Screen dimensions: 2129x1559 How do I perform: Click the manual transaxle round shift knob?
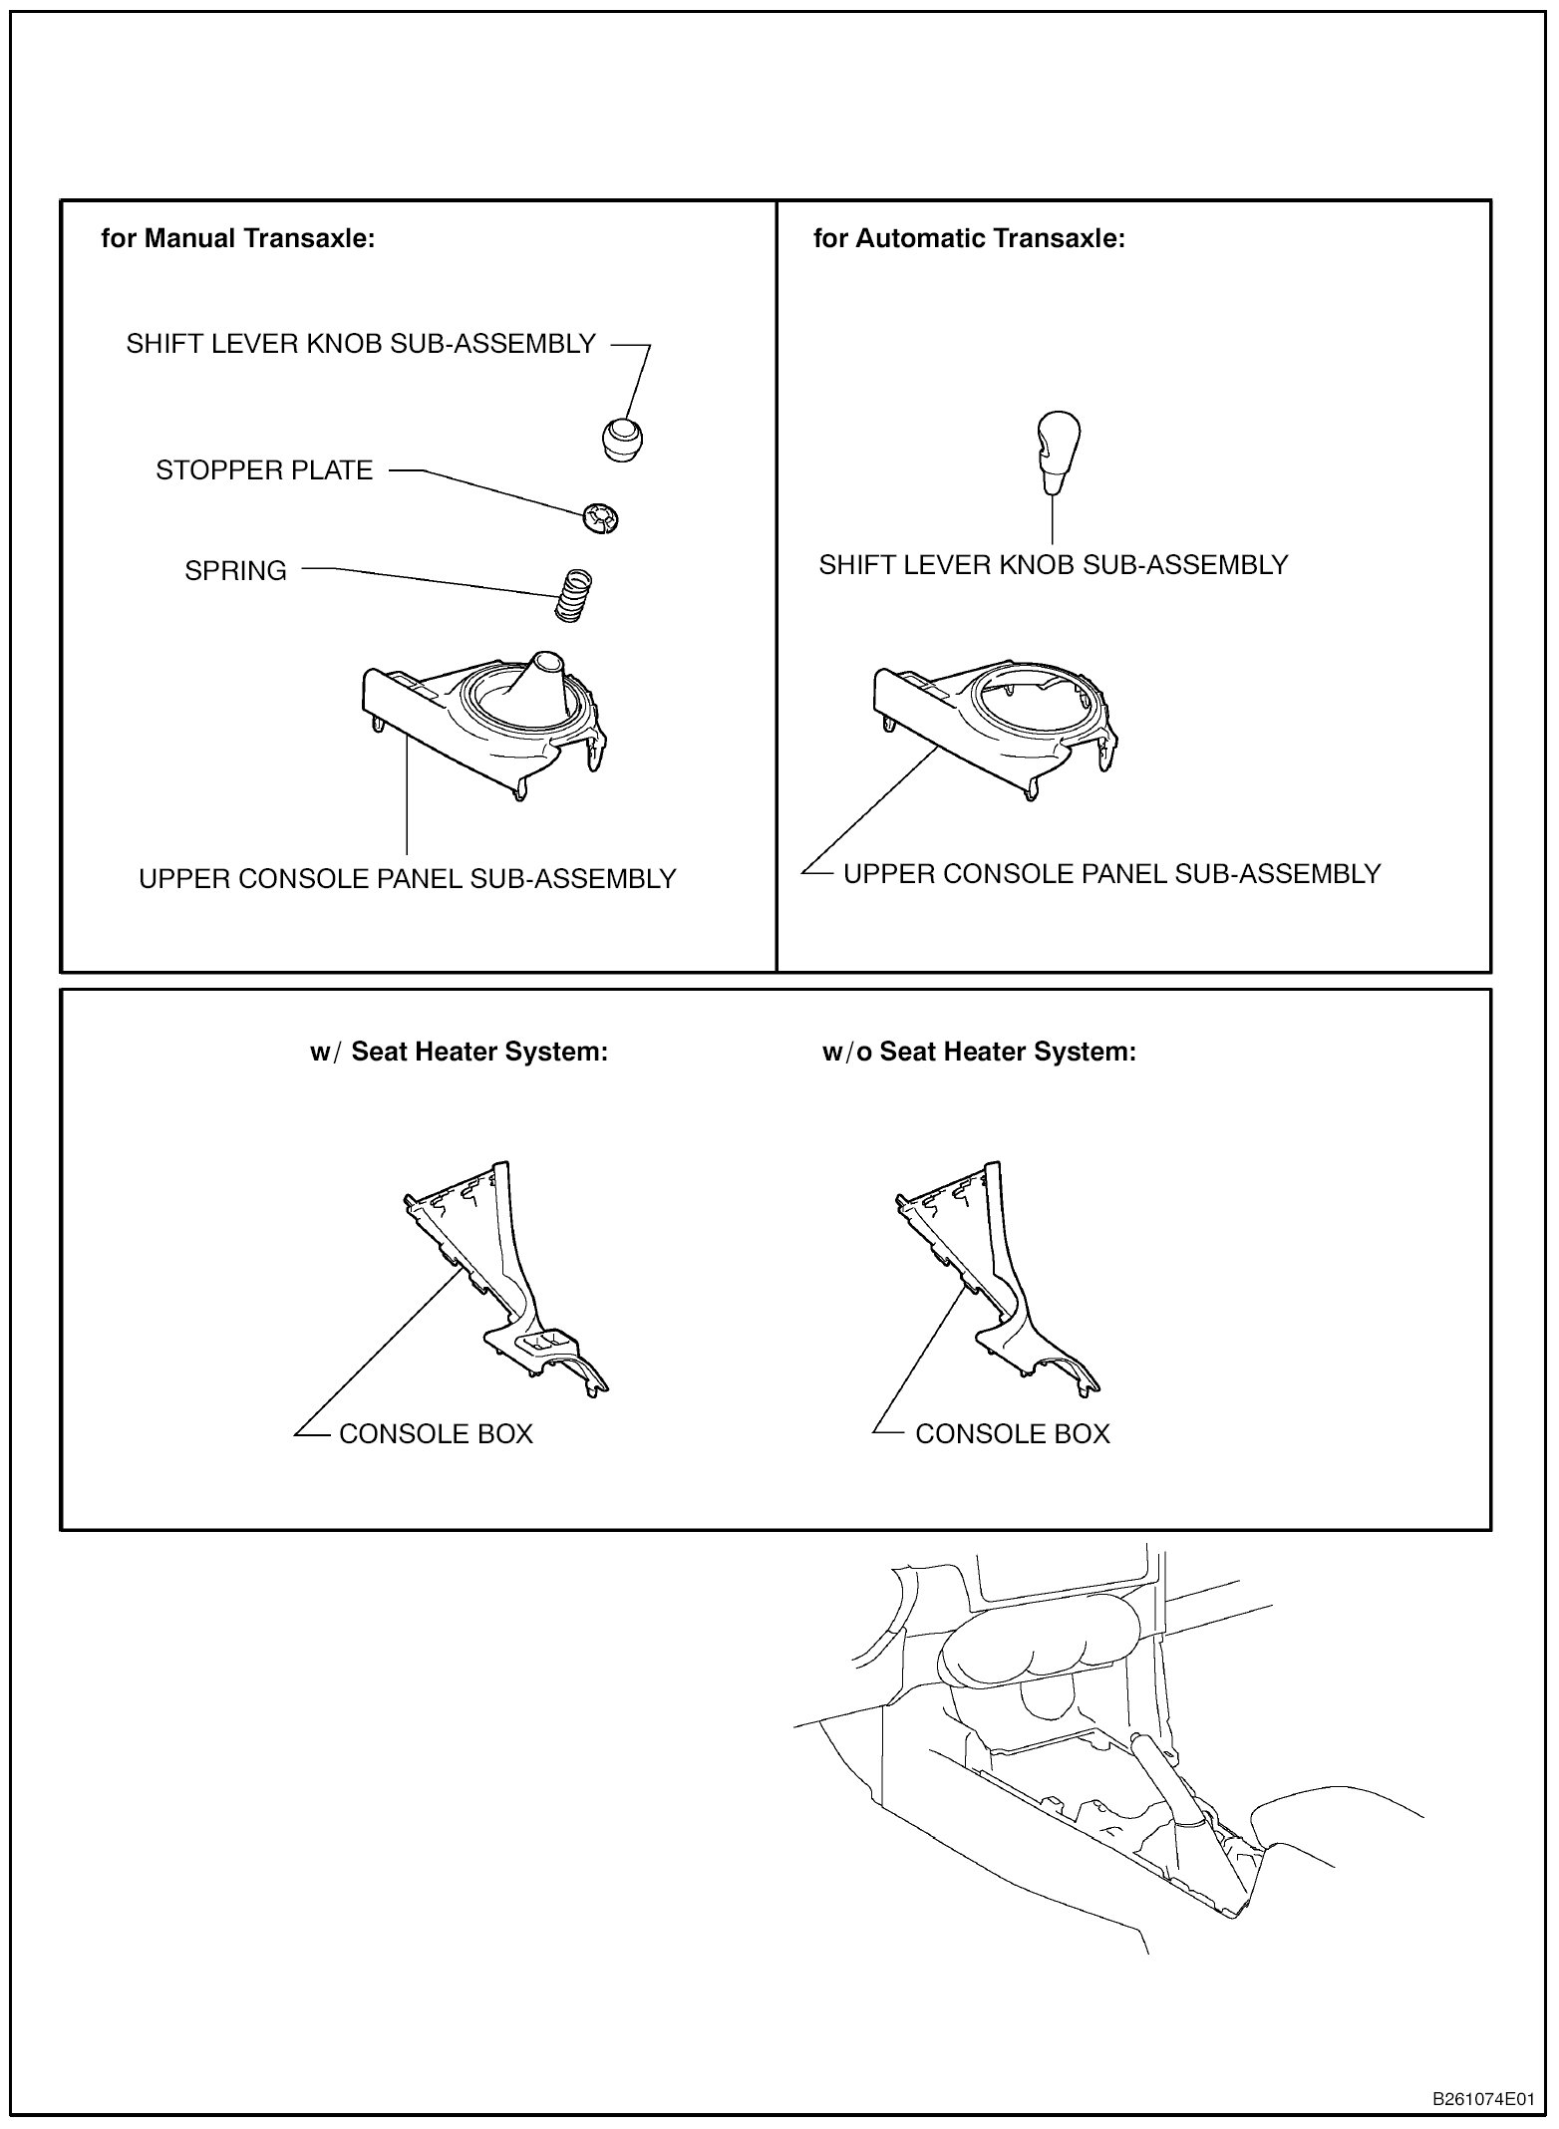pos(622,439)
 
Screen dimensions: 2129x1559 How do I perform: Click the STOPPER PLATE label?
pos(264,470)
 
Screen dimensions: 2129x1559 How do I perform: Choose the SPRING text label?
pos(235,571)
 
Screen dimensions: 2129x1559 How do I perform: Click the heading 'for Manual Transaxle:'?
pos(238,239)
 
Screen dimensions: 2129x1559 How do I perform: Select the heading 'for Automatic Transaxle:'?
pos(969,239)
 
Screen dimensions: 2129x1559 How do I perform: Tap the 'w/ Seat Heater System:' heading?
pos(459,1053)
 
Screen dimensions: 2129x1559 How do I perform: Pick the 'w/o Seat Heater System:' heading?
pos(979,1053)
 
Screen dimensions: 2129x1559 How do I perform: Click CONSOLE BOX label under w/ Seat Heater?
pos(436,1434)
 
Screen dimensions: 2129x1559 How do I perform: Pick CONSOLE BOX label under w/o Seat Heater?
pos(1012,1434)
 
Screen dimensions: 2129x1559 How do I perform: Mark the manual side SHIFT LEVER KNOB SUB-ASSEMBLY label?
pos(361,344)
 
